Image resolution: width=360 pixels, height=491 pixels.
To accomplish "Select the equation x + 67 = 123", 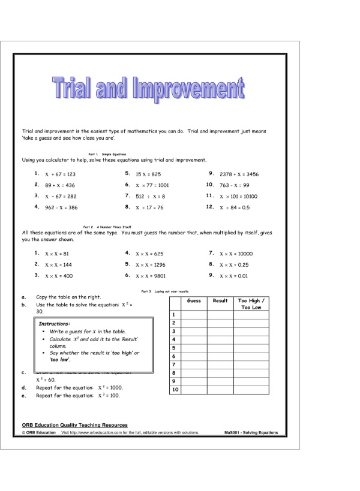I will tap(60, 174).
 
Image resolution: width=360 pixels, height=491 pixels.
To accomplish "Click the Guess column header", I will tap(194, 300).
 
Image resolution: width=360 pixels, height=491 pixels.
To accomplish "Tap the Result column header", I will tap(220, 300).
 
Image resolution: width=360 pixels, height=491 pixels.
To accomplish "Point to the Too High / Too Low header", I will tap(251, 304).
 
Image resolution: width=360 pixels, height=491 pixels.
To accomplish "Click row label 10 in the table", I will tap(175, 390).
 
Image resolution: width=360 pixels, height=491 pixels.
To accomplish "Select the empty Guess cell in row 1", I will tap(194, 315).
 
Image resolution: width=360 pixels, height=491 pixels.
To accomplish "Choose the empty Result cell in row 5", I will tap(220, 348).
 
